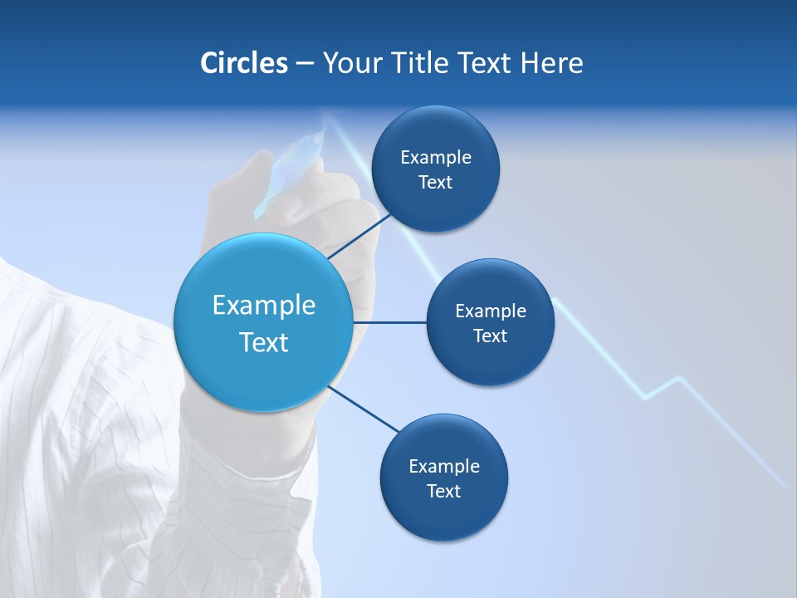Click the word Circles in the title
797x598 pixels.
point(244,63)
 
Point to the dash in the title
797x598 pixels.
point(305,64)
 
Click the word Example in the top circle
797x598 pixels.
point(436,158)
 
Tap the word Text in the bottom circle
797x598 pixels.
point(443,491)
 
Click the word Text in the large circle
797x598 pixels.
point(264,342)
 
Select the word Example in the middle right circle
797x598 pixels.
point(491,311)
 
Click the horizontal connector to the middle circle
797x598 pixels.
point(389,321)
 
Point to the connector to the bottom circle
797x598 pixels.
point(364,409)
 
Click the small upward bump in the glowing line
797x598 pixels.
point(678,379)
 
